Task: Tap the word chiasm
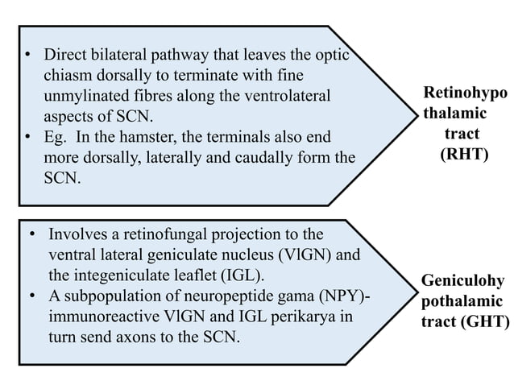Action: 65,77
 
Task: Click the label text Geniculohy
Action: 463,281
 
